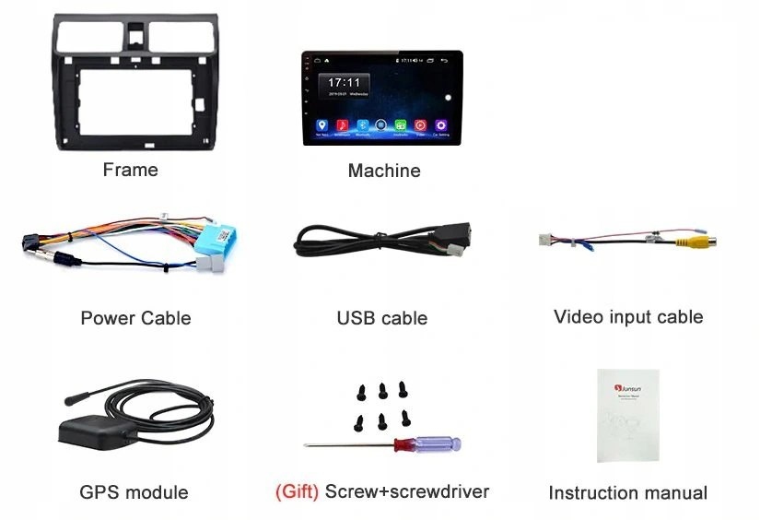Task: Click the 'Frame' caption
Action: pyautogui.click(x=130, y=170)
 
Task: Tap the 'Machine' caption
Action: pyautogui.click(x=383, y=171)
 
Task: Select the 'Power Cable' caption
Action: pyautogui.click(x=135, y=318)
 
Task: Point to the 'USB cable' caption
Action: pyautogui.click(x=381, y=318)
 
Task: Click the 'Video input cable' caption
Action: pyautogui.click(x=627, y=317)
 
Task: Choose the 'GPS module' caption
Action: pyautogui.click(x=134, y=492)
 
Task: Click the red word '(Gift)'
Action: pyautogui.click(x=297, y=491)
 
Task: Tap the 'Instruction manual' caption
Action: pyautogui.click(x=627, y=492)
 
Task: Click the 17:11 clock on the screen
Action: pyautogui.click(x=345, y=83)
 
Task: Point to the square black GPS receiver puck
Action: pyautogui.click(x=87, y=430)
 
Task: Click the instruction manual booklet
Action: pyautogui.click(x=627, y=415)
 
